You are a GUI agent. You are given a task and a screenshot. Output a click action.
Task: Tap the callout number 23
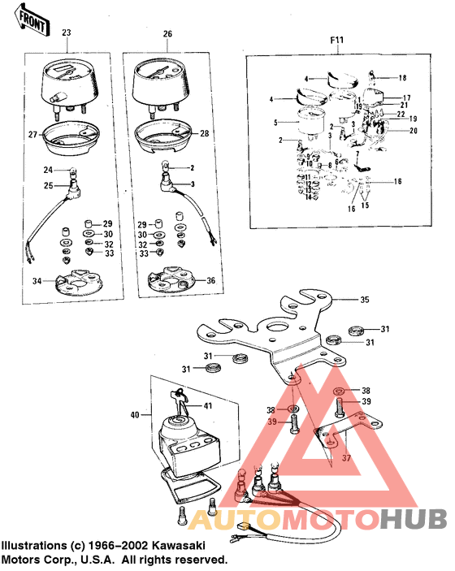tap(67, 33)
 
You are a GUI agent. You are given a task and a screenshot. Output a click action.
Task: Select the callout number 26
tap(168, 34)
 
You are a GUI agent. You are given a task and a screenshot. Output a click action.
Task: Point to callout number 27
tap(33, 134)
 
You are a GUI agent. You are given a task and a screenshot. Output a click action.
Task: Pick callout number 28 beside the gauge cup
tap(204, 133)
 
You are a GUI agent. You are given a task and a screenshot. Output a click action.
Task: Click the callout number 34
tap(37, 282)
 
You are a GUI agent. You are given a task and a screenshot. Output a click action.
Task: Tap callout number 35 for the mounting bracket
tap(365, 301)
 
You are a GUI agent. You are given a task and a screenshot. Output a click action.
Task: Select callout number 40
tap(135, 415)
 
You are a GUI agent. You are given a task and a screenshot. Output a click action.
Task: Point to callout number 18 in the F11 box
tap(401, 78)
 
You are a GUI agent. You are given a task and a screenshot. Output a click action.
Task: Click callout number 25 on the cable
tap(48, 186)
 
